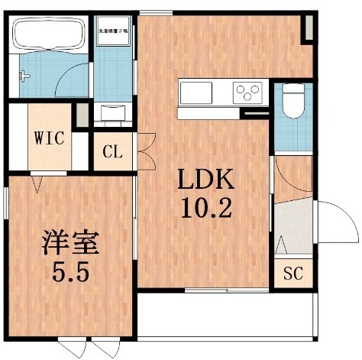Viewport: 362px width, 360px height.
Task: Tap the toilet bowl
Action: [291, 99]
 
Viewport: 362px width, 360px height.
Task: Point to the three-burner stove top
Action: [247, 92]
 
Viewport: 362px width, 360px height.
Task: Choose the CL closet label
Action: [112, 152]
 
